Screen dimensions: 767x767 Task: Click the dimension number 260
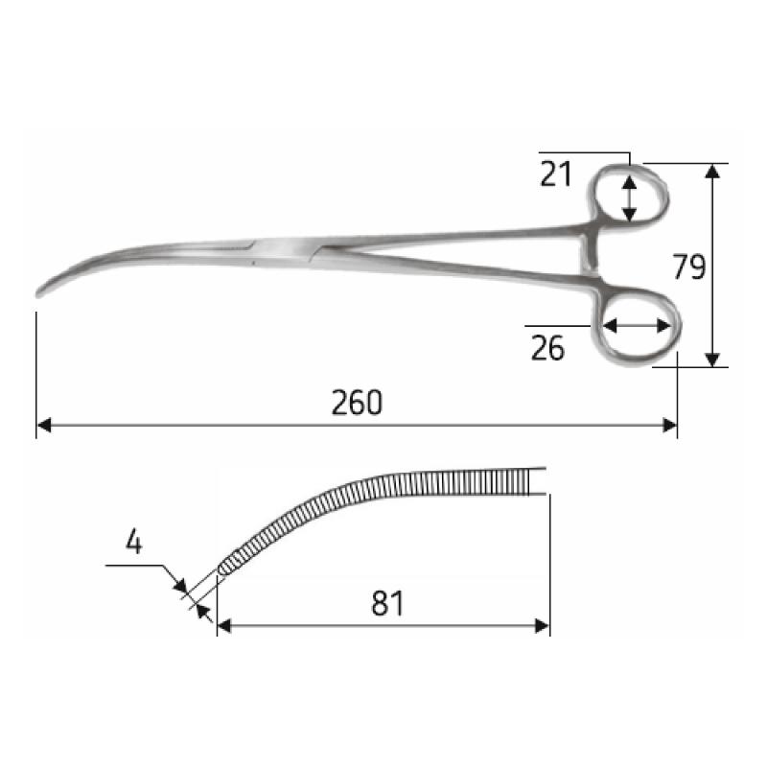(357, 403)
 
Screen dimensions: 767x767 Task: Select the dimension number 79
(688, 267)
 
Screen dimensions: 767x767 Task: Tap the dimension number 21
(555, 175)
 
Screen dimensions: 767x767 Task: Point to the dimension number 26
(547, 348)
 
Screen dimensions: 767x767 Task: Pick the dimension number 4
(134, 544)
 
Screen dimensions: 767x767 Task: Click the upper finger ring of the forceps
(629, 196)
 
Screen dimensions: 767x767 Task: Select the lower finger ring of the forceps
(639, 328)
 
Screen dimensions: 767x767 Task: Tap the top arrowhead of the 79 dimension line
(712, 170)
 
